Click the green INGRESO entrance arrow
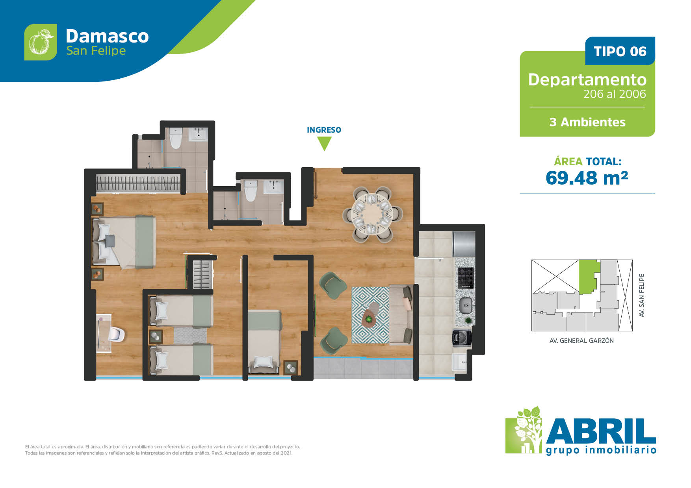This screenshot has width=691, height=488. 324,143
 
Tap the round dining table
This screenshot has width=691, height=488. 372,214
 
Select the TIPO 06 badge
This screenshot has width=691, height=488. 620,51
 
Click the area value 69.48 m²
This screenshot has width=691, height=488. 587,178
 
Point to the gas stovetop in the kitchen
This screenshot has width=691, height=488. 465,277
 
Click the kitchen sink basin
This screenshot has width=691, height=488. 466,305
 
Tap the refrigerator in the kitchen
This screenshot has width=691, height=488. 464,244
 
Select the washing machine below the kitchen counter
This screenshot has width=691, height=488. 461,338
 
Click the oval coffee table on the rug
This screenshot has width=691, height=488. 369,317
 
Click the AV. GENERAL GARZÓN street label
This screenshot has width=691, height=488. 581,341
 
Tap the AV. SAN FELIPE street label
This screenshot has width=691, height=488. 642,295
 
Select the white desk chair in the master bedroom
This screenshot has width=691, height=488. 117,334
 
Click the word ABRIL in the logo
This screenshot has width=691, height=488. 601,431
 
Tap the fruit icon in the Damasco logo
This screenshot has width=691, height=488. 41,42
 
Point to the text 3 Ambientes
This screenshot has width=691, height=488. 587,122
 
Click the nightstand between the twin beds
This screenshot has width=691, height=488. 155,336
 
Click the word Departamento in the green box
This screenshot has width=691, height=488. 587,80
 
